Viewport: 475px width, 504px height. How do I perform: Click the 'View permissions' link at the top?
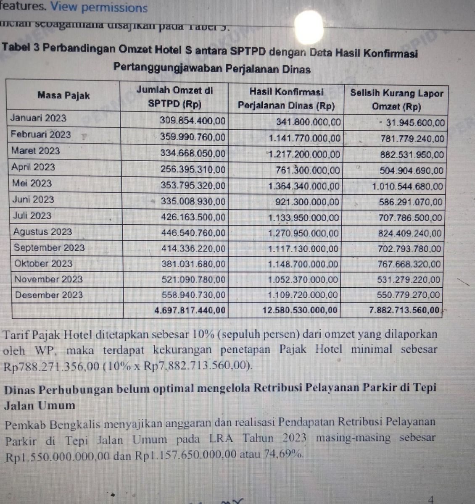tap(99, 8)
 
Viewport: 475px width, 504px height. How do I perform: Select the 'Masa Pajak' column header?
tap(63, 95)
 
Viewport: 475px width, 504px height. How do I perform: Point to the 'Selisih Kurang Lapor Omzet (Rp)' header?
tap(396, 100)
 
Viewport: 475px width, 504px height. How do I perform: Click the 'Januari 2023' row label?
tap(38, 118)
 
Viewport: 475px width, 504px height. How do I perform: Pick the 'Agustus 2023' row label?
tap(42, 231)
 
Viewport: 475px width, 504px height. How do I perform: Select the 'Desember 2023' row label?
tap(49, 295)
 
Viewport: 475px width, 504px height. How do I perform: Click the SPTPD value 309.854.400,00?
tap(193, 121)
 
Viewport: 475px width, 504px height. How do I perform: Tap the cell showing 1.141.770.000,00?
tap(304, 138)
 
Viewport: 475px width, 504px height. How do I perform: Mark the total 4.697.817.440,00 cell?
tap(190, 310)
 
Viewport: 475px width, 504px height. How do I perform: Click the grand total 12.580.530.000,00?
tap(300, 310)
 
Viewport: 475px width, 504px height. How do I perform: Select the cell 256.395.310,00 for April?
tap(193, 169)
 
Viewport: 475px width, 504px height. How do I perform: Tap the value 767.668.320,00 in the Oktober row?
tap(409, 264)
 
